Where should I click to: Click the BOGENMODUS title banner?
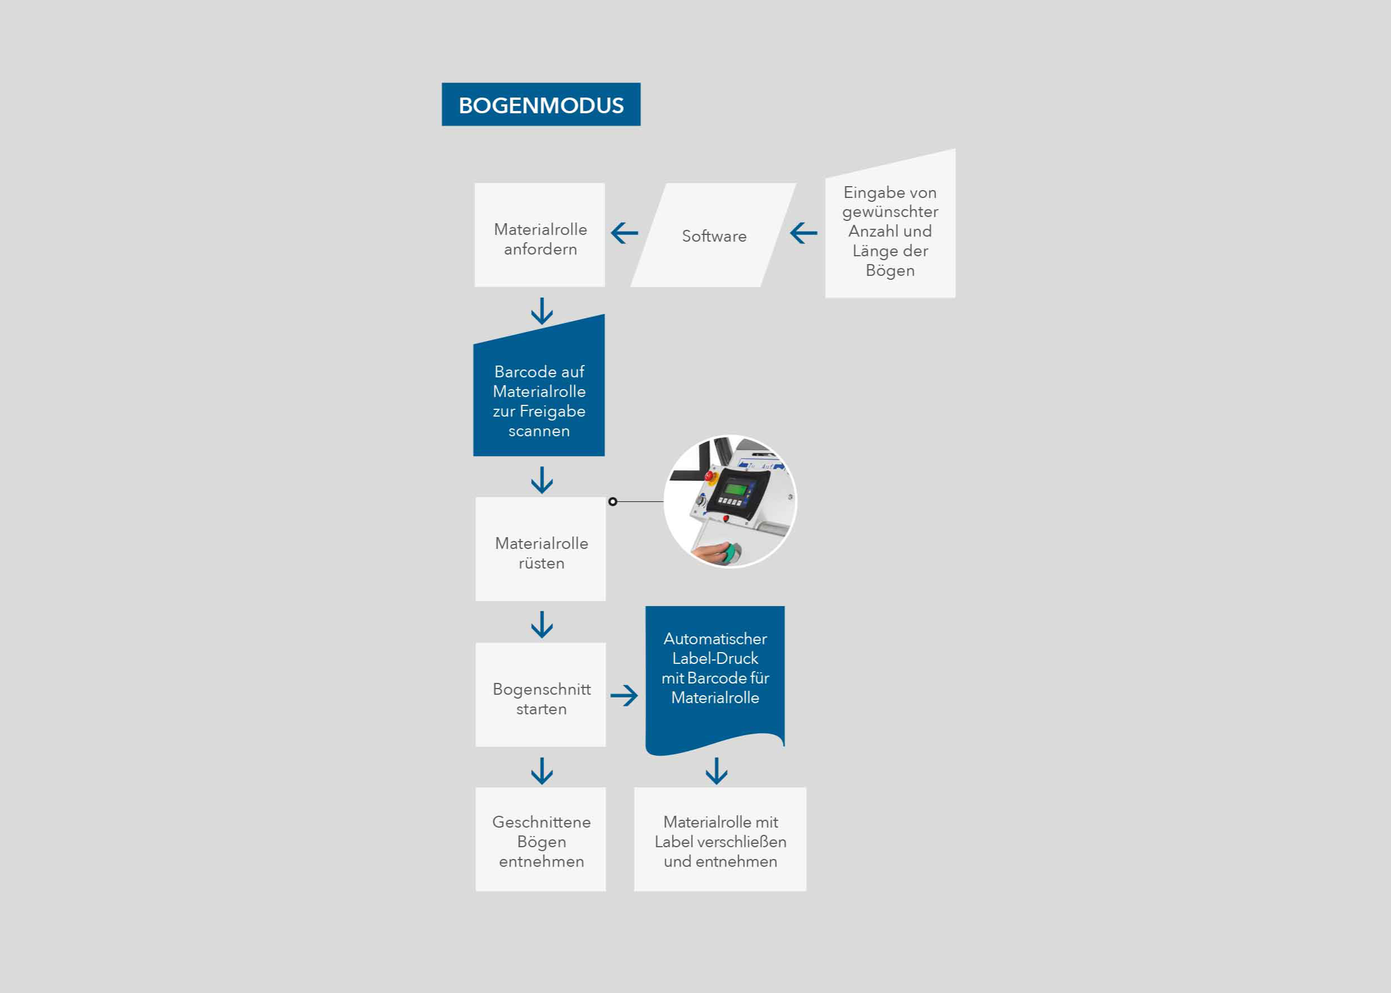[541, 104]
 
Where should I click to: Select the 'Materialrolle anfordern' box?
[540, 235]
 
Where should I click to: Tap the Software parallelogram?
[713, 235]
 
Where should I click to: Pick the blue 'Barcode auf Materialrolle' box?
[539, 391]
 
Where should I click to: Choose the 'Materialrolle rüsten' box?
[541, 549]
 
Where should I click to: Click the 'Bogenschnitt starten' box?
[541, 695]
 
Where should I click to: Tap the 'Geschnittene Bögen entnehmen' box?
[541, 839]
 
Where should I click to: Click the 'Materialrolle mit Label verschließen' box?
[720, 839]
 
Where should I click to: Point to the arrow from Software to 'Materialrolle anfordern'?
[624, 233]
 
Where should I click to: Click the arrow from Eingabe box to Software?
[803, 233]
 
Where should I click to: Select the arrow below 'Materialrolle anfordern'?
[542, 311]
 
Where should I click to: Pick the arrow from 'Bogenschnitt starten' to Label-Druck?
[624, 695]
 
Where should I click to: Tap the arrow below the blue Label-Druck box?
[716, 771]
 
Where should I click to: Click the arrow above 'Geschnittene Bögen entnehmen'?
[542, 771]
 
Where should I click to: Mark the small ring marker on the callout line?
[613, 501]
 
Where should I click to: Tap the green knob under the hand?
[730, 553]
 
